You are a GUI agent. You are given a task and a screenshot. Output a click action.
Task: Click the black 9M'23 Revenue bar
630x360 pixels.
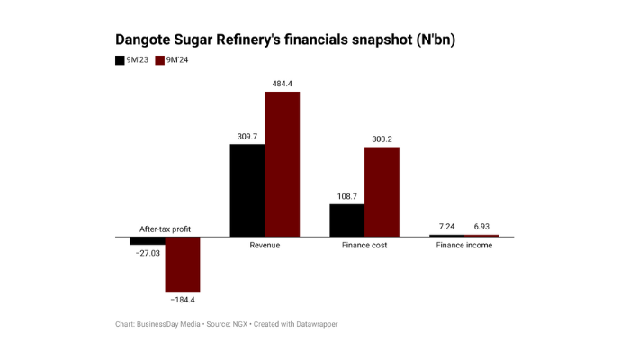pos(247,190)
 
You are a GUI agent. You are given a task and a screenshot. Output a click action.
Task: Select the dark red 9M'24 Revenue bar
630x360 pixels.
pos(282,164)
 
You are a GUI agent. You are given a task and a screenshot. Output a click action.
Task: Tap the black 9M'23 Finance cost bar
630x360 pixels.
pos(346,220)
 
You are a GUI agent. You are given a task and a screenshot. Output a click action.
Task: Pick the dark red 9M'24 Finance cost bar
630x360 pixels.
pos(382,192)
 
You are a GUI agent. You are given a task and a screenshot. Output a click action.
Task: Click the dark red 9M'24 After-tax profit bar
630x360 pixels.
pos(182,264)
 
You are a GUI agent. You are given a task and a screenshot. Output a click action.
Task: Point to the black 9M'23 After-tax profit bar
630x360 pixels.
pos(148,241)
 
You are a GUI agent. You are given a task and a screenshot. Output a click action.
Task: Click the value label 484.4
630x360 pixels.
pos(282,84)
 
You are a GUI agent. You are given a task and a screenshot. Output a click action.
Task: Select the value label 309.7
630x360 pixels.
pos(247,136)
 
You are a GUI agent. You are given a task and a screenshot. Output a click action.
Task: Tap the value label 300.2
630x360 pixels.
pos(382,139)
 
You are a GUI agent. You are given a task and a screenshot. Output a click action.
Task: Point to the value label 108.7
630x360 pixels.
pos(346,196)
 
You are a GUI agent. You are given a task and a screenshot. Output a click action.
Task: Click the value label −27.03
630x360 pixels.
pos(147,254)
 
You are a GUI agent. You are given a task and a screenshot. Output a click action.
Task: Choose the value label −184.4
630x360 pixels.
pos(182,299)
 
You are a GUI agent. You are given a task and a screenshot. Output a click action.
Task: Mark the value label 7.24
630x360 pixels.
pos(446,226)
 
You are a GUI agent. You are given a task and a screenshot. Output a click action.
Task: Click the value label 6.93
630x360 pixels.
pos(481,226)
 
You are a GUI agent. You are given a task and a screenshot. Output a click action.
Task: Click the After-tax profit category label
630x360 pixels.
pos(164,229)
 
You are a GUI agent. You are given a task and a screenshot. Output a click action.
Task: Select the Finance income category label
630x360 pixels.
pos(463,246)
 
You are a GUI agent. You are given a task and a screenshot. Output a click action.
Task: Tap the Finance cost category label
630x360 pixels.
pos(364,246)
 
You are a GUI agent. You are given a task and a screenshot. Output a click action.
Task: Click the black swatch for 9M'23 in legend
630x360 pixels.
pos(120,60)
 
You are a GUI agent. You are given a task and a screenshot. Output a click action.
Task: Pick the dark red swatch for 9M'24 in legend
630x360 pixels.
pos(160,60)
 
